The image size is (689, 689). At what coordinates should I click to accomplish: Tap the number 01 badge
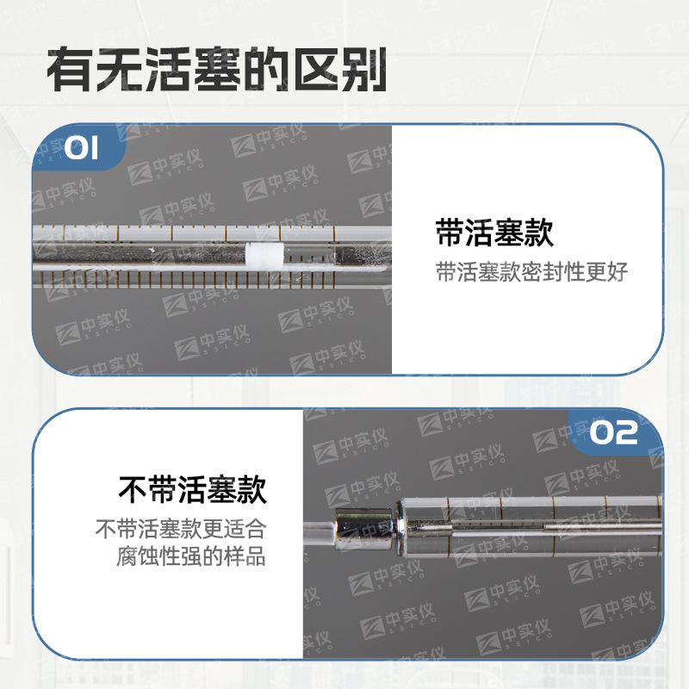83,149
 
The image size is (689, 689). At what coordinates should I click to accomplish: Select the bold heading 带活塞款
494,233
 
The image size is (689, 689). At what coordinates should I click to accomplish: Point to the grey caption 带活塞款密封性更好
531,273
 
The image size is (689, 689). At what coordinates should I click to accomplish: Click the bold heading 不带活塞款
192,489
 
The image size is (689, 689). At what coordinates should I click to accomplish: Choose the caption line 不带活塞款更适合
180,527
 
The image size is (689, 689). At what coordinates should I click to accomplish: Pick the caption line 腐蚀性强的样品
190,556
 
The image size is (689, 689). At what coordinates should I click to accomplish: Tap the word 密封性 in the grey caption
551,273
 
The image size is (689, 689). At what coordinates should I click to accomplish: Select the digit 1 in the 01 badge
93,149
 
